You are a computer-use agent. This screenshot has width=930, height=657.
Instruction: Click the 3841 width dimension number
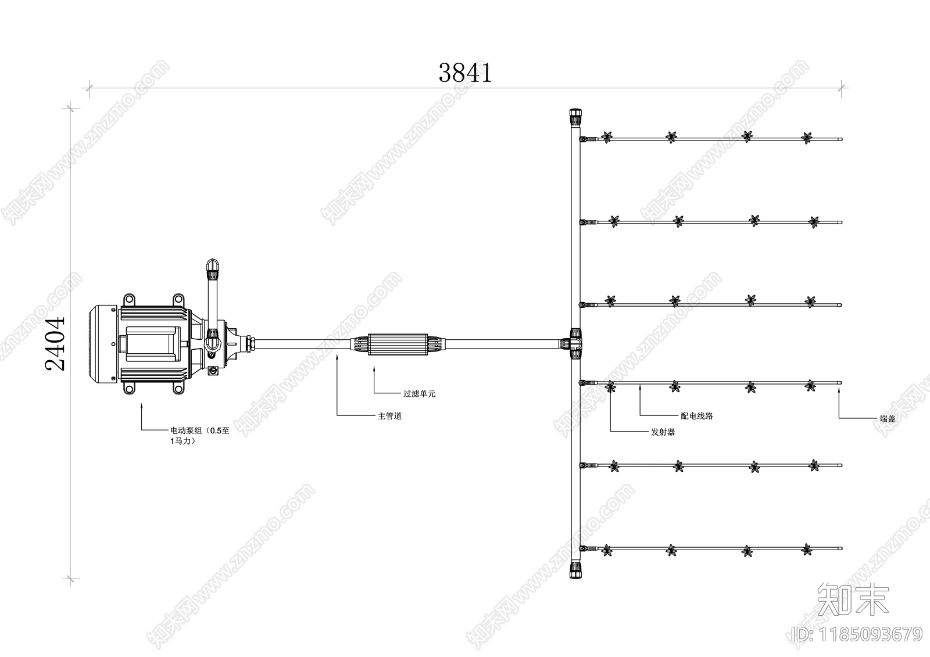tap(466, 73)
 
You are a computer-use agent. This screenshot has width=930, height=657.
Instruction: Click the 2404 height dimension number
tap(55, 344)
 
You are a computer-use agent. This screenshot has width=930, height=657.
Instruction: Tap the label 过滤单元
tap(419, 393)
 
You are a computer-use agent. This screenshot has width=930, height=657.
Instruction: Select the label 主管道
tap(390, 416)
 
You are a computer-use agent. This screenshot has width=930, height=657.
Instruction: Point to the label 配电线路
tap(697, 416)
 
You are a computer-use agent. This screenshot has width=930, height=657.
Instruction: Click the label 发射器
tap(663, 432)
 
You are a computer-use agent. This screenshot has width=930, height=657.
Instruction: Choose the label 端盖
tap(888, 419)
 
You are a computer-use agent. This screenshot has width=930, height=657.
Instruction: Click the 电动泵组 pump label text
tap(200, 436)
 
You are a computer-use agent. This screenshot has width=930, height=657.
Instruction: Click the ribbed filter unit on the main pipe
tap(398, 344)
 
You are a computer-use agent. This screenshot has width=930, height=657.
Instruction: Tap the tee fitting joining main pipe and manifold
tap(575, 344)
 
